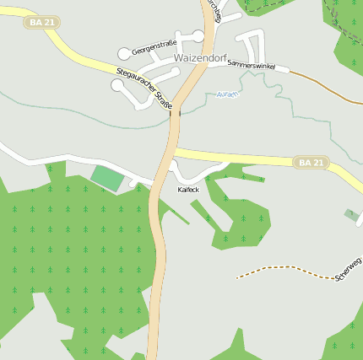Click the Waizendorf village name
tap(200, 58)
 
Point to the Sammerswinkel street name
tap(252, 64)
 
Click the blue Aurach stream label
tap(228, 94)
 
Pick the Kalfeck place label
tap(188, 190)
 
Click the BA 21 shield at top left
tap(41, 22)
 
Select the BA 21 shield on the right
tap(311, 162)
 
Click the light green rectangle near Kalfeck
tap(107, 178)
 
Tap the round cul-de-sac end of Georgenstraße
tap(124, 54)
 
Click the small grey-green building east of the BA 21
tap(351, 214)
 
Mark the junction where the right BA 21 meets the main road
tap(175, 152)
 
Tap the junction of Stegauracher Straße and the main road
tap(177, 109)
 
